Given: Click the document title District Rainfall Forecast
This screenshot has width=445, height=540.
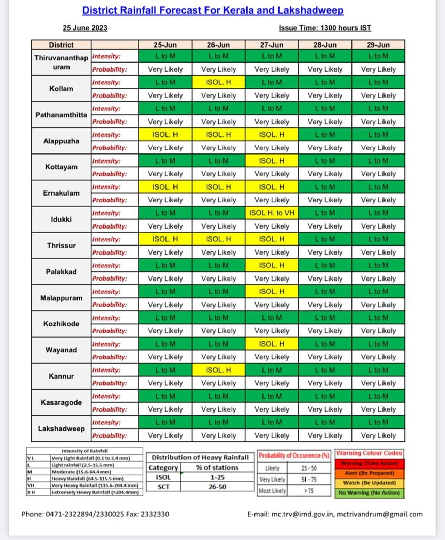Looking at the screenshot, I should pos(213,10).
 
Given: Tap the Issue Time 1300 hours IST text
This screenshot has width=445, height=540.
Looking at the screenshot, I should pos(325,28).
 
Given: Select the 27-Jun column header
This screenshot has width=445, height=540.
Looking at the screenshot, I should pos(272,45).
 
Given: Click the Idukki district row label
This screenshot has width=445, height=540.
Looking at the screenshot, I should pos(61,219).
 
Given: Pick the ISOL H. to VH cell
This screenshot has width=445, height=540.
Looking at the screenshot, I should pos(272,213).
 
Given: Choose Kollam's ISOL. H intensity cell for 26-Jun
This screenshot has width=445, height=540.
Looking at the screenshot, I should pos(218,82).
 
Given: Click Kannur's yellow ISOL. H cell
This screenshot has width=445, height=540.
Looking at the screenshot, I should pos(218,370).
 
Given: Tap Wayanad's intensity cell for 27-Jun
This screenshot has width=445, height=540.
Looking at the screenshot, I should pos(272,344).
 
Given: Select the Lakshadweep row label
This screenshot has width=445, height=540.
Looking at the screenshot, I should pos(61,429).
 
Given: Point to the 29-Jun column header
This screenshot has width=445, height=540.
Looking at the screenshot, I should pos(378,45).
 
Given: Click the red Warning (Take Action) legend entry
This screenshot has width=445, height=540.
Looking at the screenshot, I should pos(369,463).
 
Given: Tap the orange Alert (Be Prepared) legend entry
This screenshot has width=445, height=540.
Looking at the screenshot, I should pos(369,473).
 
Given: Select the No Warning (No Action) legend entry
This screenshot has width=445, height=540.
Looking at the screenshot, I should pos(369,493).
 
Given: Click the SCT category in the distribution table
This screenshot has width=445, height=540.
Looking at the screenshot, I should pos(163,487).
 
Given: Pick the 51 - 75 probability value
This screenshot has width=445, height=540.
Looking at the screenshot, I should pos(309,480).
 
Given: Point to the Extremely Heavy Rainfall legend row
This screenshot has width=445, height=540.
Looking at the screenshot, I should pos(95,492).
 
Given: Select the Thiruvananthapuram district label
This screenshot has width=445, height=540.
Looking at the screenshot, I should pos(61,63).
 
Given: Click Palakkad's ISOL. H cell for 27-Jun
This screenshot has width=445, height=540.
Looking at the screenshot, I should pos(272,266).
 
